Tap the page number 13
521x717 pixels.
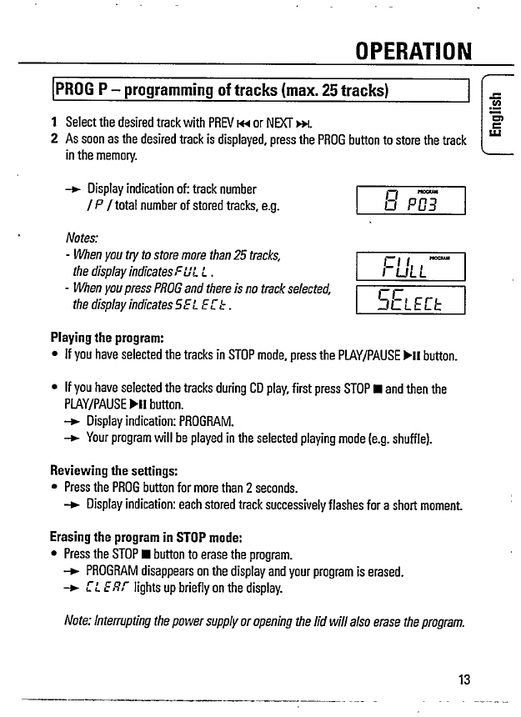coord(464,679)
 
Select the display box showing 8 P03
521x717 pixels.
coord(409,200)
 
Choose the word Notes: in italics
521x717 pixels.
coord(82,236)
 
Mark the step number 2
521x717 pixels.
coord(54,140)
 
